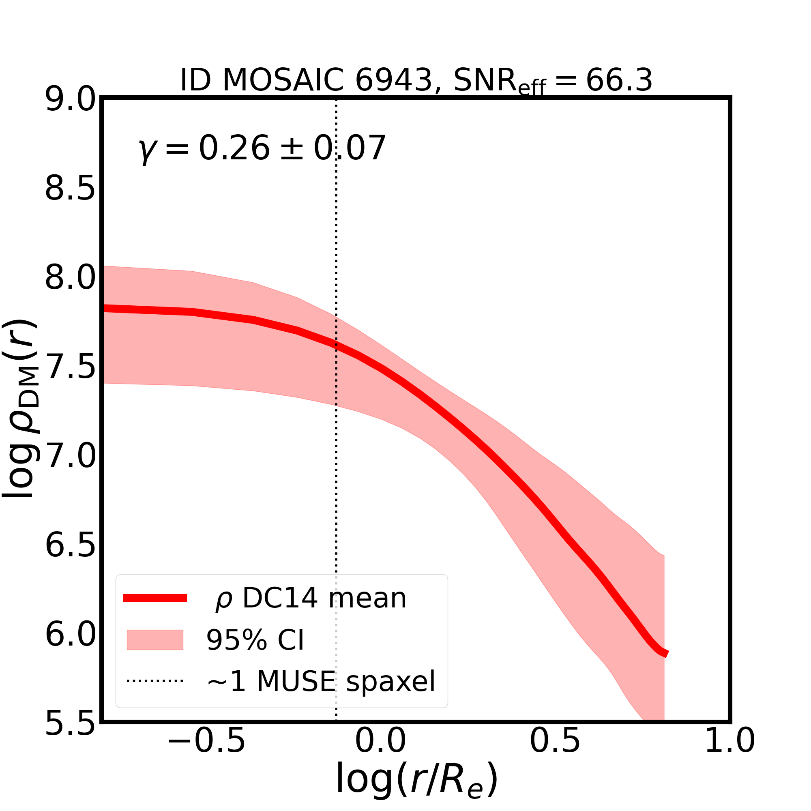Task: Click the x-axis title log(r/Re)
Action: [x=417, y=780]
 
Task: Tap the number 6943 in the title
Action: [x=394, y=80]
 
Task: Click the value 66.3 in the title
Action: [x=619, y=80]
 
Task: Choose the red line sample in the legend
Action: [x=155, y=598]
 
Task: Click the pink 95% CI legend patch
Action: [x=155, y=640]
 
